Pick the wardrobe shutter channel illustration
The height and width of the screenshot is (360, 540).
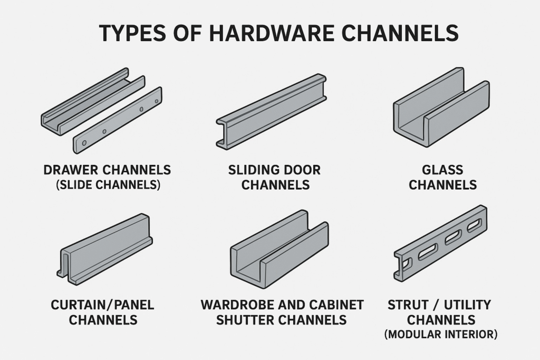pos(279,248)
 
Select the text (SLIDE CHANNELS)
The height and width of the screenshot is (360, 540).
pos(107,185)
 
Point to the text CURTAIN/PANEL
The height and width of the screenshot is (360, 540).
pos(102,305)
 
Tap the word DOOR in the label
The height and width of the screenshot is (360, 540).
pos(302,170)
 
